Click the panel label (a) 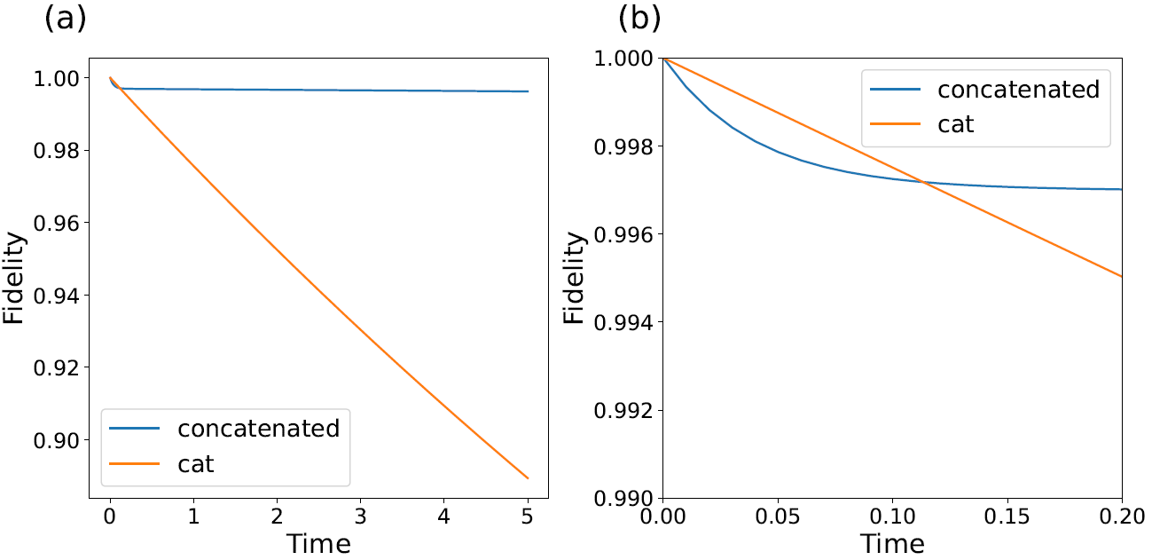65,19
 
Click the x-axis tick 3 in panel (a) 361,515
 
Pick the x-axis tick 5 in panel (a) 529,515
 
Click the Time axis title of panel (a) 318,542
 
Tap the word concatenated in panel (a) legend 258,429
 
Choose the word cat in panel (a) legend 196,463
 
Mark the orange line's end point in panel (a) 529,478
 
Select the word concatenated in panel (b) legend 1019,89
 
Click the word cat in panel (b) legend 956,123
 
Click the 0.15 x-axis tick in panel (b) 1007,515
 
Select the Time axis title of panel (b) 892,542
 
